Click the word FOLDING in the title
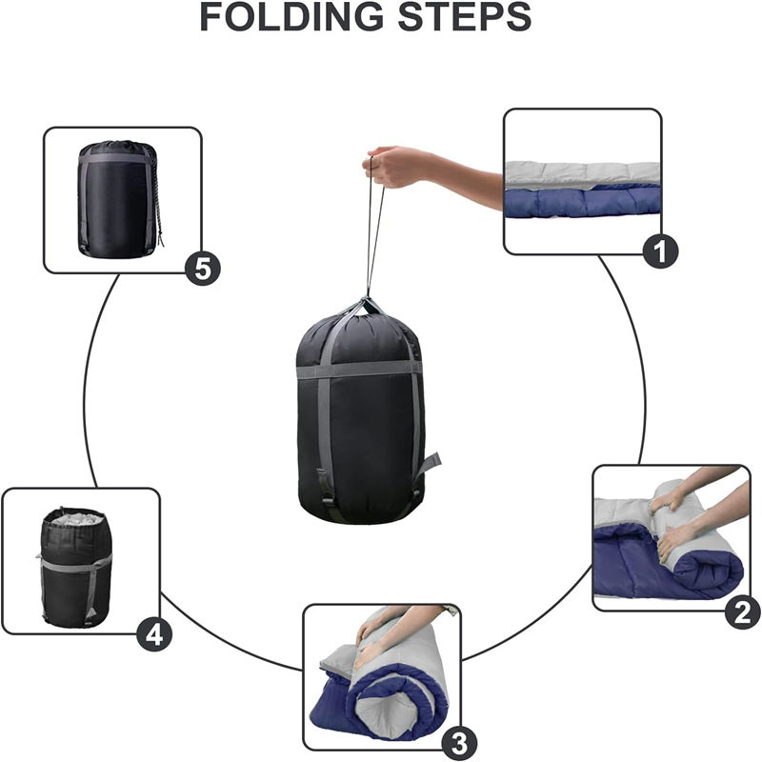point(291,16)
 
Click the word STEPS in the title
point(465,16)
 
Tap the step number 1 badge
point(660,251)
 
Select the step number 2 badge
point(743,612)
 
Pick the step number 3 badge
point(459,743)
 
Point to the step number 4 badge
point(154,634)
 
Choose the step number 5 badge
point(203,268)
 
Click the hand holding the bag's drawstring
point(394,167)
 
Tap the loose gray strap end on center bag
point(430,464)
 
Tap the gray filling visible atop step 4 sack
point(78,518)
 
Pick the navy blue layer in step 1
point(583,202)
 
